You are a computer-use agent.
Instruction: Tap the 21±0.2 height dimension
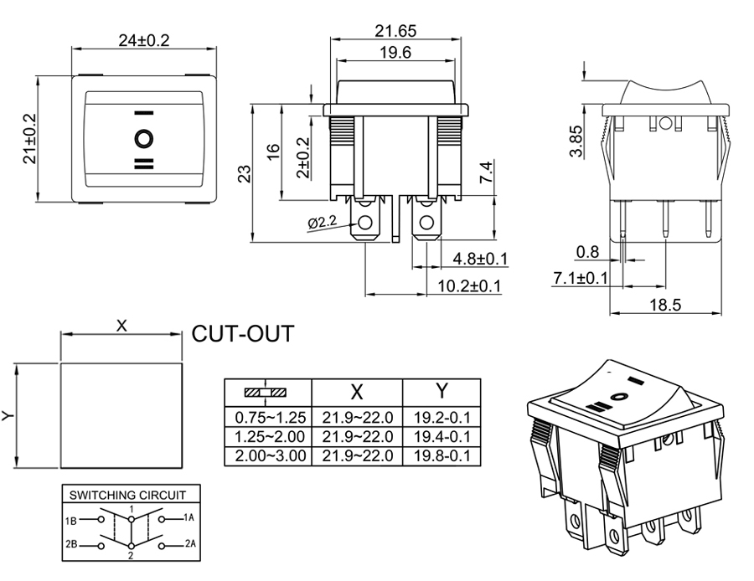[x=30, y=138]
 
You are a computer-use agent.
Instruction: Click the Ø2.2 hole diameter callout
[x=323, y=224]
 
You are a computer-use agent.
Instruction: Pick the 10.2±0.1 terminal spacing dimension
[x=468, y=286]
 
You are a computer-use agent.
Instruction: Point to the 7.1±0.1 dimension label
[x=581, y=278]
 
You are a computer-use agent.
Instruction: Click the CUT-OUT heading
[x=243, y=334]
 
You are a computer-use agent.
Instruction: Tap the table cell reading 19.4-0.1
[x=442, y=436]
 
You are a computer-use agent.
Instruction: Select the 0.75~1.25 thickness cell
[x=269, y=417]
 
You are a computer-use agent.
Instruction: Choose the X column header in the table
[x=357, y=391]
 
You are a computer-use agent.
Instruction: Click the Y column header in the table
[x=442, y=391]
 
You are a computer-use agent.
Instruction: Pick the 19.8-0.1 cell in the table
[x=442, y=456]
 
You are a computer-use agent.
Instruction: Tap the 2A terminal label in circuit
[x=190, y=544]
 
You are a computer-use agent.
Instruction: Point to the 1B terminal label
[x=71, y=521]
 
